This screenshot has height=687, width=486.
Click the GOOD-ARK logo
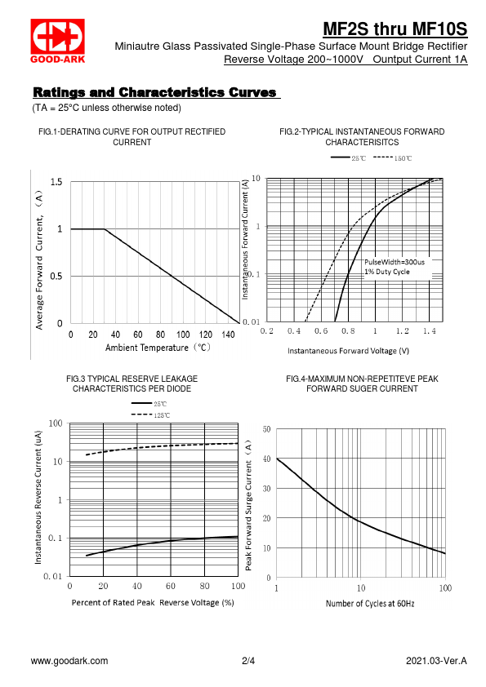click(x=57, y=41)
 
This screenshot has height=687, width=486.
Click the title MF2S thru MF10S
click(x=395, y=29)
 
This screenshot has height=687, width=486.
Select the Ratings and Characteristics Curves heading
click(x=155, y=92)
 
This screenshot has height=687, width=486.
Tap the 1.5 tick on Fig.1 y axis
click(x=56, y=182)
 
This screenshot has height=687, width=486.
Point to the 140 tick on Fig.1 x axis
click(x=228, y=335)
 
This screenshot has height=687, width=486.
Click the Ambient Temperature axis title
click(x=158, y=348)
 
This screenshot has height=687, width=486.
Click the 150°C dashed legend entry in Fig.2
click(x=393, y=158)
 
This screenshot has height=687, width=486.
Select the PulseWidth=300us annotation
click(x=395, y=262)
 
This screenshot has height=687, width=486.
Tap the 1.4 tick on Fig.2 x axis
click(x=430, y=331)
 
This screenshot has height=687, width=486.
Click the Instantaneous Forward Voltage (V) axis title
click(x=348, y=351)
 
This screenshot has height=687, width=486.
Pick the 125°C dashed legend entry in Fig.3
click(x=150, y=415)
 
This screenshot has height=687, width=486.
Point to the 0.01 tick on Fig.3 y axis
click(x=53, y=576)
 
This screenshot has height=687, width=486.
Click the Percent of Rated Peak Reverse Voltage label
click(x=153, y=603)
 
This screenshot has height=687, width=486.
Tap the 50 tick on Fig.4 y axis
click(x=266, y=429)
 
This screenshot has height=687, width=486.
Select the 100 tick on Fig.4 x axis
click(x=445, y=588)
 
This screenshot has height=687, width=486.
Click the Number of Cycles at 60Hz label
click(x=370, y=604)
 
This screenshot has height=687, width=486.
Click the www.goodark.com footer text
click(x=69, y=661)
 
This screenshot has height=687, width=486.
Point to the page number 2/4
click(x=248, y=661)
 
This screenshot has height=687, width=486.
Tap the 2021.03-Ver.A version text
click(x=436, y=661)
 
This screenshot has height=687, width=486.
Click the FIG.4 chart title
click(x=363, y=383)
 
